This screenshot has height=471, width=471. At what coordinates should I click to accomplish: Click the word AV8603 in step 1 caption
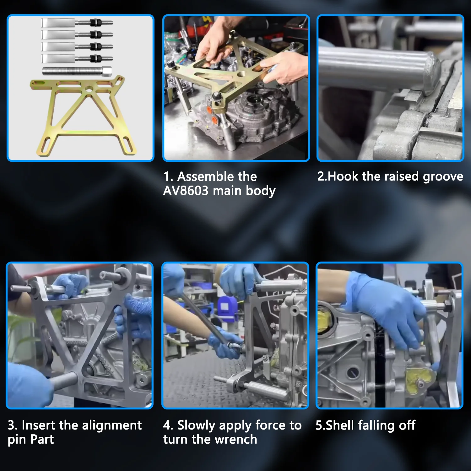click(186, 191)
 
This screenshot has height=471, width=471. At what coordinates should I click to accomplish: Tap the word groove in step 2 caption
click(443, 177)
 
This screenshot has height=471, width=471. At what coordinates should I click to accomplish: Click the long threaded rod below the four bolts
click(77, 71)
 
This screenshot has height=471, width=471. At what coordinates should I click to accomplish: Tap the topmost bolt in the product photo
click(77, 23)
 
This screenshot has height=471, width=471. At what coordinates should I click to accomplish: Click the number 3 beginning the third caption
click(12, 425)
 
